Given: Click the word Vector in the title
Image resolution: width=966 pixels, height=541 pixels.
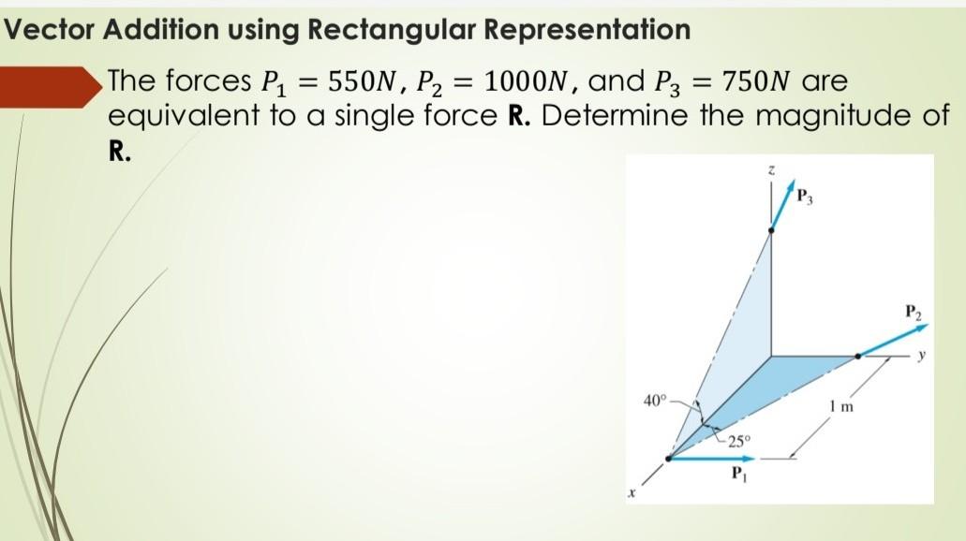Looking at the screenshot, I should [x=49, y=30].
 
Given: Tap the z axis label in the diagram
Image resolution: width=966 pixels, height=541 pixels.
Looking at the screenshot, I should [x=771, y=170].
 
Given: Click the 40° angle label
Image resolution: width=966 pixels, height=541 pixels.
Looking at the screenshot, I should [x=654, y=401].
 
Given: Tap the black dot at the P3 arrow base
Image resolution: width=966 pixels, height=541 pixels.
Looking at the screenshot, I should [x=771, y=228].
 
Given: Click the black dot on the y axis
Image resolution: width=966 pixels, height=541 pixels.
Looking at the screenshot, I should [x=857, y=357].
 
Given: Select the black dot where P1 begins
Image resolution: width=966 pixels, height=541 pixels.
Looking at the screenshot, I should [x=668, y=459].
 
